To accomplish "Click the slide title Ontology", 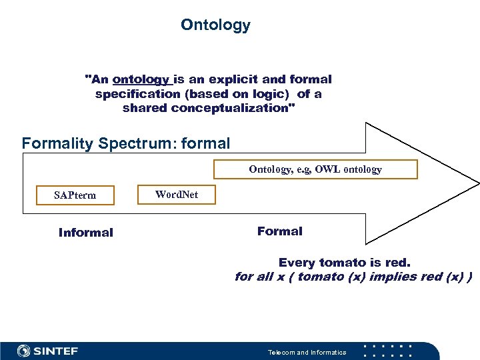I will (215, 25).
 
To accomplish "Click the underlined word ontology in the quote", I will (141, 79).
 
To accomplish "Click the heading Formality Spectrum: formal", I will (125, 143).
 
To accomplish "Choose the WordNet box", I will (176, 195).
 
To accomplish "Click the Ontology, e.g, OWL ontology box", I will (315, 169).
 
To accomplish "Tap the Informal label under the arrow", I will (85, 233).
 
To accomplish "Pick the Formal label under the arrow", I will (279, 231).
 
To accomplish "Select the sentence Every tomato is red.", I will (344, 263).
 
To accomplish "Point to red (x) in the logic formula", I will (447, 277).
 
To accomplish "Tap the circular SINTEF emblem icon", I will (24, 351).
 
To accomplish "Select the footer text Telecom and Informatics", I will (307, 352).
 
